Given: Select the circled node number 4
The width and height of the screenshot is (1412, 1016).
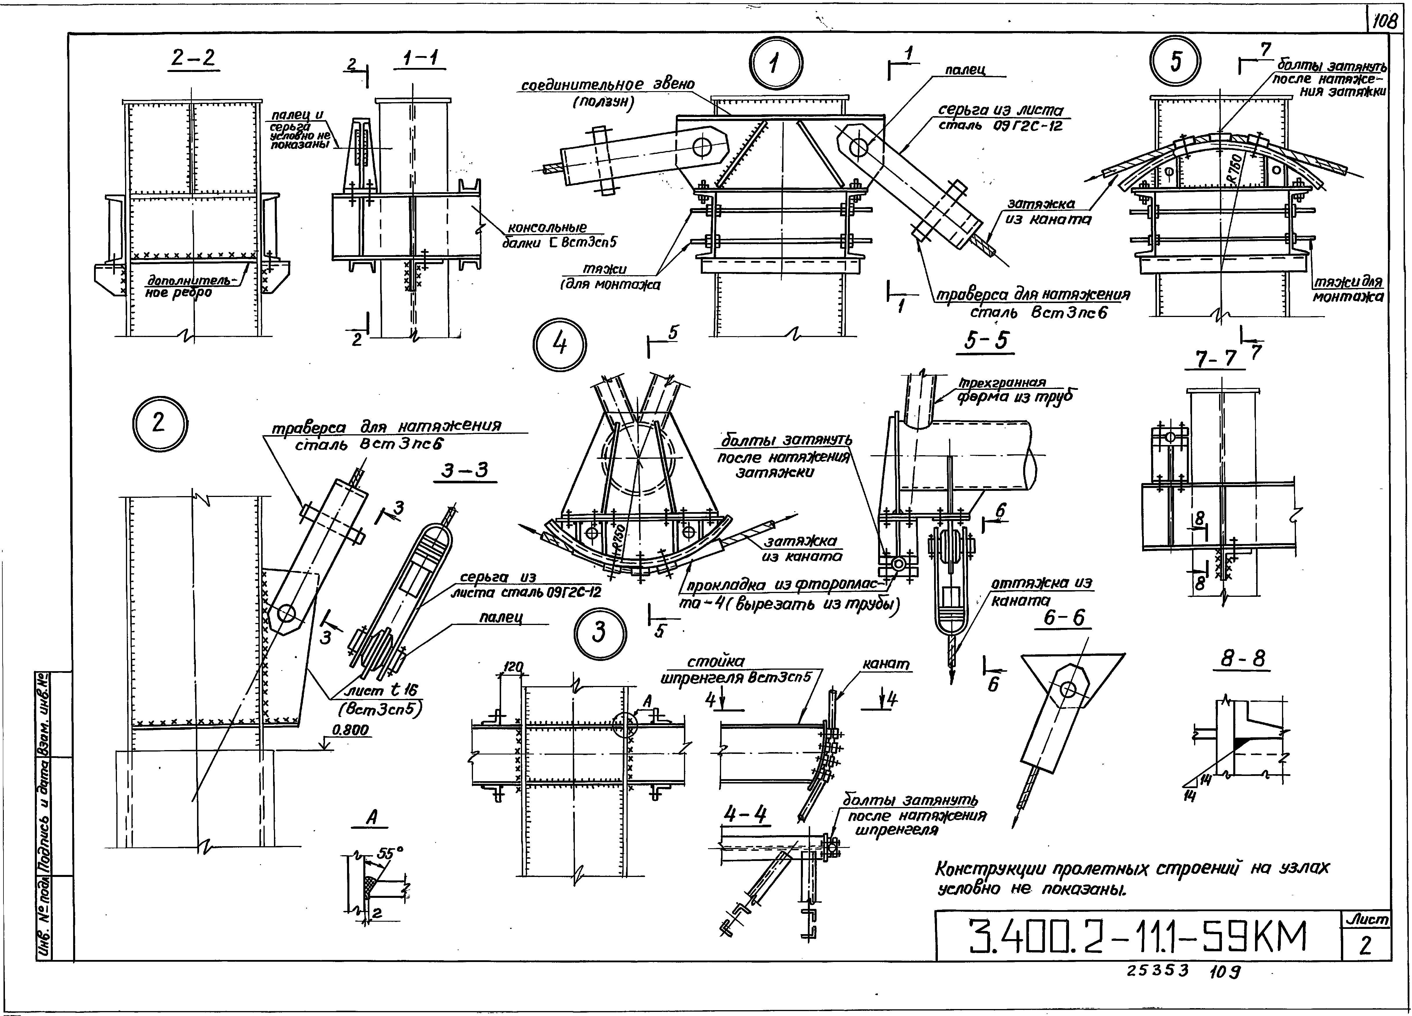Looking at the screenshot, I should [x=560, y=344].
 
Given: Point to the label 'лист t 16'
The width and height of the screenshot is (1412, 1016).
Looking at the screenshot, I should [x=381, y=690].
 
